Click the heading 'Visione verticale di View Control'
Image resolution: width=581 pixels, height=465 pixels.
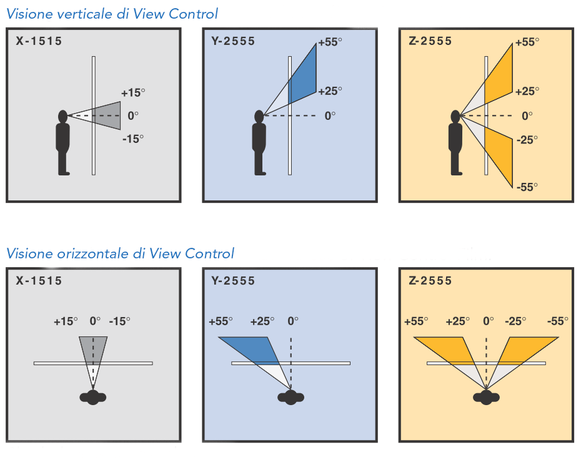coord(112,14)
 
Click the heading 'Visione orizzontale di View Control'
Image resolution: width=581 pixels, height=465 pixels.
coord(120,253)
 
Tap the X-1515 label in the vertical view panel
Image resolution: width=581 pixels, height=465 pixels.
coord(39,42)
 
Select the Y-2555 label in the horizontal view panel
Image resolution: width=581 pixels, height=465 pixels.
coord(234,281)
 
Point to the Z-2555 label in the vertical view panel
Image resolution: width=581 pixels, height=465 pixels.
coord(430,42)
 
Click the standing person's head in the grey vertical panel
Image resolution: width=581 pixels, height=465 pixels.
coord(62,116)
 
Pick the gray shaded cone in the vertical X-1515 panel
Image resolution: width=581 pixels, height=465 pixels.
coord(107,115)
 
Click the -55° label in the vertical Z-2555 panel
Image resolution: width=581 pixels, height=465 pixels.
coord(527,187)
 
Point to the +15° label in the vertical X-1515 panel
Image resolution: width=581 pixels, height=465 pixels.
coord(133,93)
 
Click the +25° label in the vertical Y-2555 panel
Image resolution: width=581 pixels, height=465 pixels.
coord(330,91)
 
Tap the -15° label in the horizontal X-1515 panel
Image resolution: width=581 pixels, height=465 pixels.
coord(119,321)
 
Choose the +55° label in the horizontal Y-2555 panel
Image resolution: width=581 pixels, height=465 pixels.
coord(221,321)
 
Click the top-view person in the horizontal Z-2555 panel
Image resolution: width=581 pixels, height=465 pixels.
coord(486,397)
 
